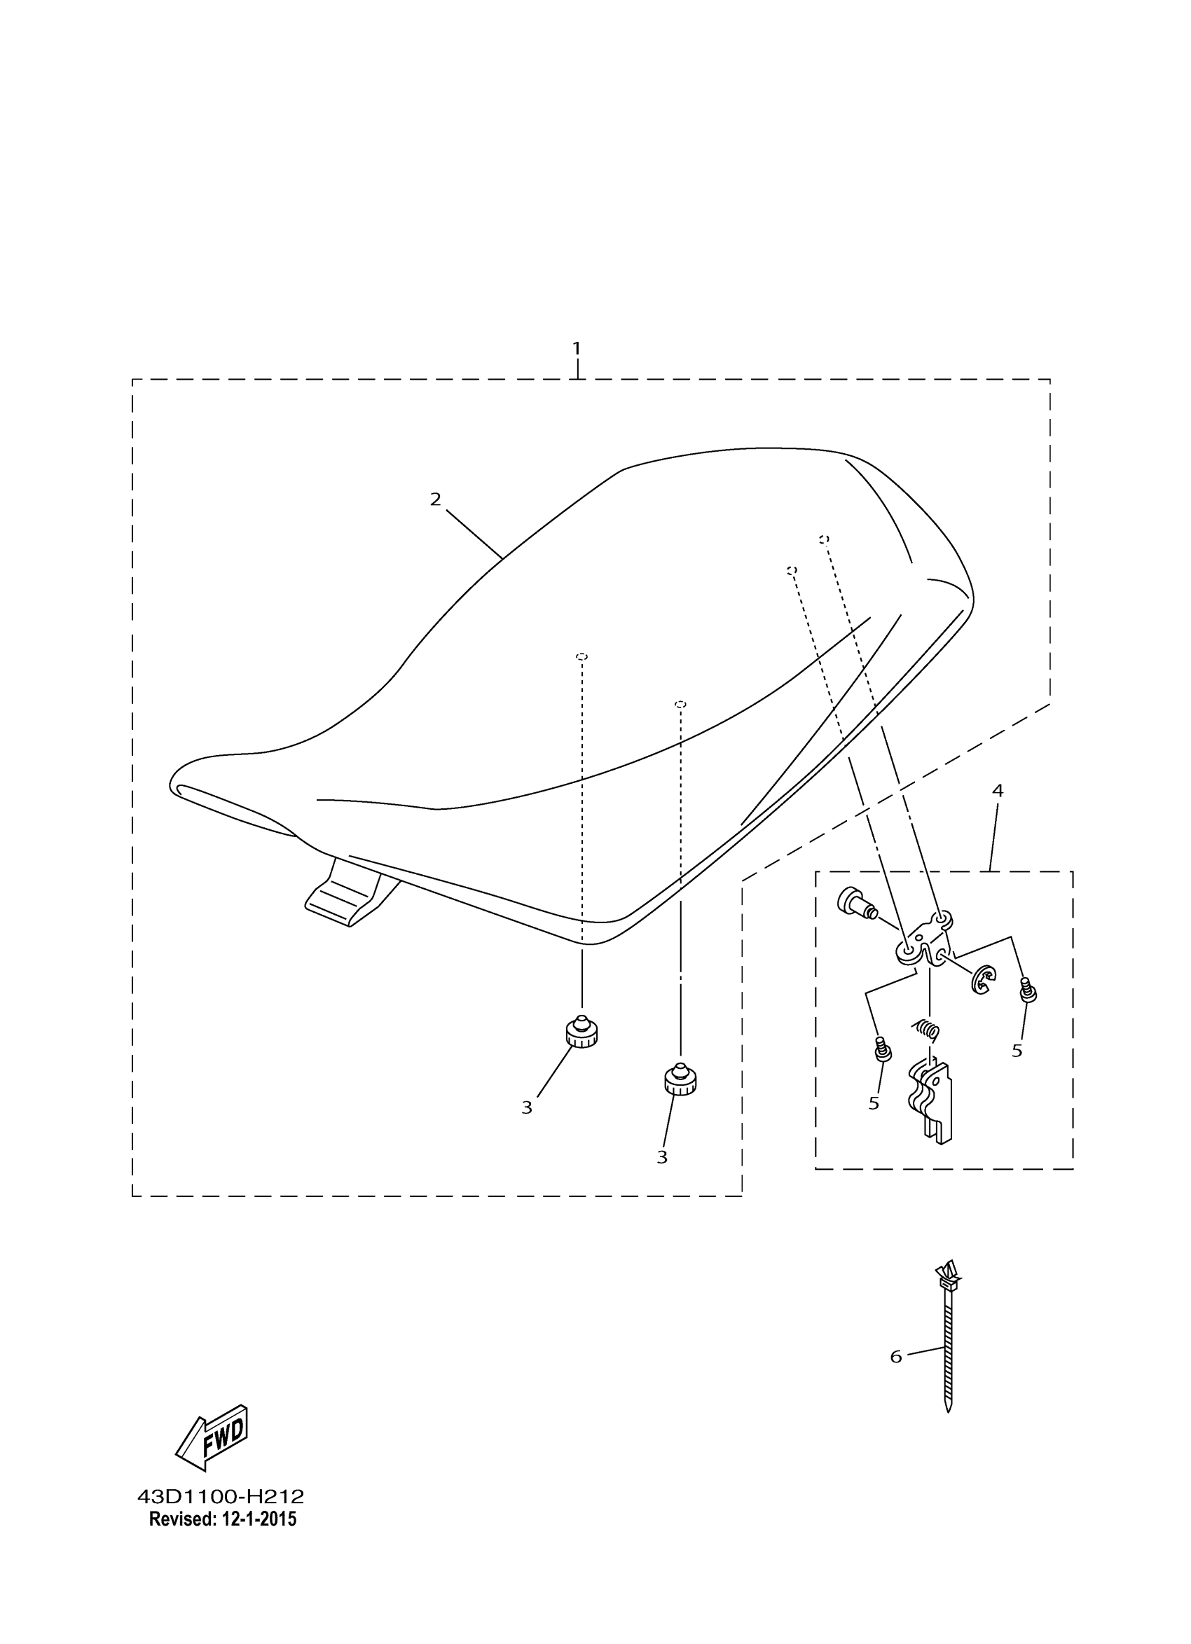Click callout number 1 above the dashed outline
point(577,349)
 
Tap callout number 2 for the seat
point(435,499)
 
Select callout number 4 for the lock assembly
point(998,791)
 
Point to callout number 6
point(896,1357)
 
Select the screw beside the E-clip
point(1027,990)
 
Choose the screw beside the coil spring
point(883,1049)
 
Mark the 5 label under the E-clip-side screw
point(1017,1051)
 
